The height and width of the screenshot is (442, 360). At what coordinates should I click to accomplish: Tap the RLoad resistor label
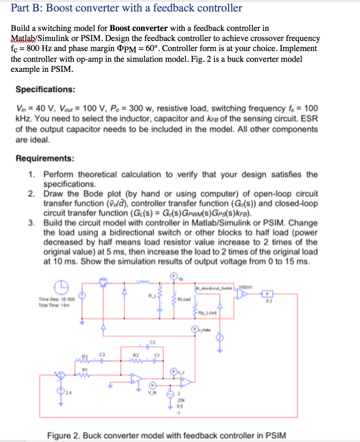[184, 299]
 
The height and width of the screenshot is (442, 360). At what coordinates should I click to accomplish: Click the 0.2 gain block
[267, 294]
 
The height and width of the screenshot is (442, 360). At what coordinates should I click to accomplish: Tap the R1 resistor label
[85, 369]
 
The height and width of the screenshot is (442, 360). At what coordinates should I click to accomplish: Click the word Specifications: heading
[45, 89]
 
